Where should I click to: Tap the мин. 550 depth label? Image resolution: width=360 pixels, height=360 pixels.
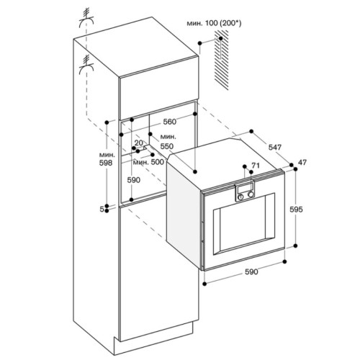click(168, 140)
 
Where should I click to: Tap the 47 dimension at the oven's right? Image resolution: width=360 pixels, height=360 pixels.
click(302, 163)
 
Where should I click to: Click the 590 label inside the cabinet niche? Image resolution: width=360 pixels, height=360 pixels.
click(133, 179)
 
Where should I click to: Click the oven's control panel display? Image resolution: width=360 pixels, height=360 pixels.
click(245, 191)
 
